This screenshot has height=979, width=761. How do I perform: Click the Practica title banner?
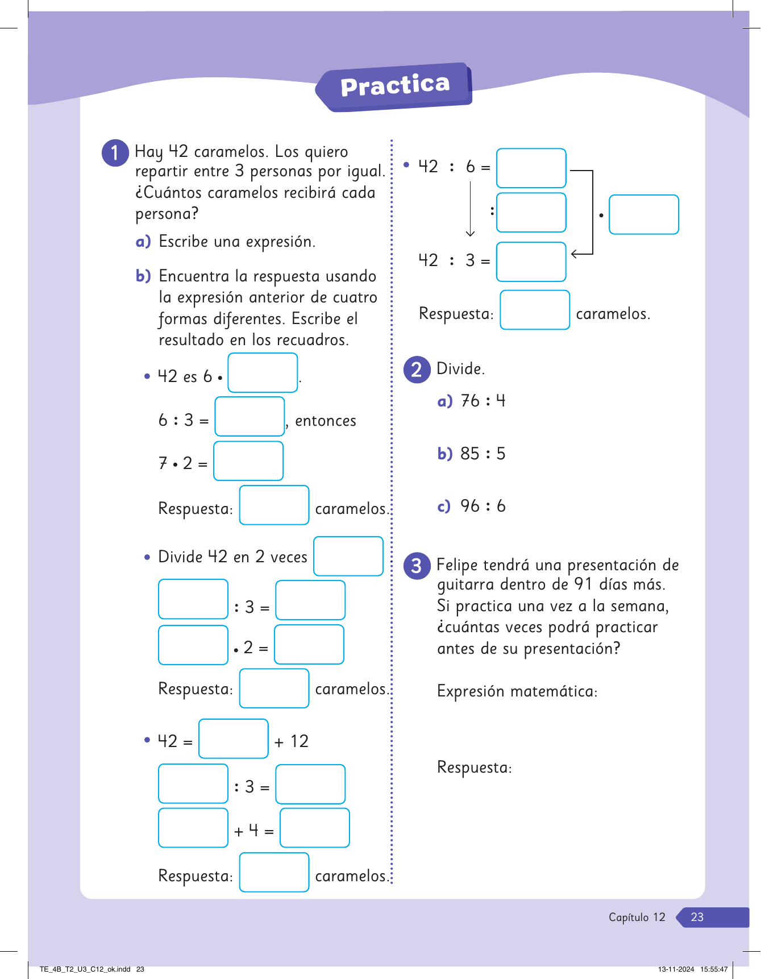[x=395, y=86]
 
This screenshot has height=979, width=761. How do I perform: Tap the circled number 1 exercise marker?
[x=115, y=153]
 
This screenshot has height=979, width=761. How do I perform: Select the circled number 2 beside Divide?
[x=417, y=370]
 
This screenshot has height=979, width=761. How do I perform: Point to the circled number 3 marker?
[x=417, y=566]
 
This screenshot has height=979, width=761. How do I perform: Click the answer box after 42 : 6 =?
[x=531, y=168]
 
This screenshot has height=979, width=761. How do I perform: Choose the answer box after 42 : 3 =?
[x=531, y=262]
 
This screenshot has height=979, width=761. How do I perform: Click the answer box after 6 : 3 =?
[x=249, y=417]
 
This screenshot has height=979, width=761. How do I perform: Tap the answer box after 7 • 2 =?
[x=248, y=461]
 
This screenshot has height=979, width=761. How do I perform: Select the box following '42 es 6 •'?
[x=263, y=373]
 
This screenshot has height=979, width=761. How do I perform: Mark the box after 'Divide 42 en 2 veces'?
[x=348, y=556]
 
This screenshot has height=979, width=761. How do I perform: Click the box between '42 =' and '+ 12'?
[x=234, y=739]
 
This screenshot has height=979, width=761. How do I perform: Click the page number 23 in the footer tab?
[x=697, y=917]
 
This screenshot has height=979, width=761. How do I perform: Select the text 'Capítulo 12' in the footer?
[x=637, y=917]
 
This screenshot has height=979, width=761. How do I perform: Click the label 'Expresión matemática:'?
[x=517, y=691]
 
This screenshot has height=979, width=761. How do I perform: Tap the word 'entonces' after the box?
[x=326, y=421]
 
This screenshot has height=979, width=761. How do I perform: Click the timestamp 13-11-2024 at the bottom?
[x=676, y=969]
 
